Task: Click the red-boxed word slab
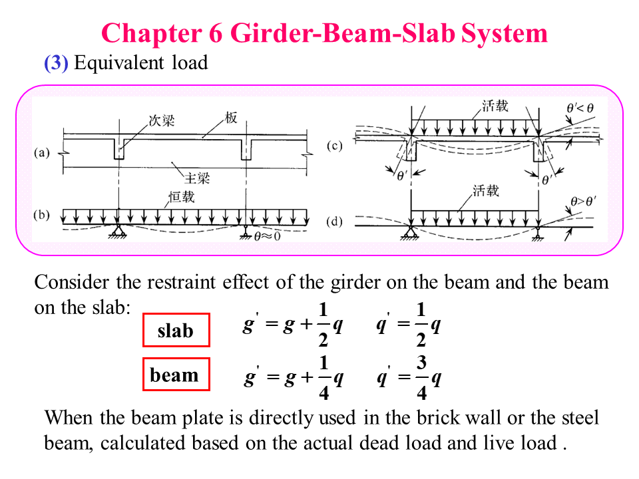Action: tap(176, 331)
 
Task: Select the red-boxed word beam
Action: tap(174, 375)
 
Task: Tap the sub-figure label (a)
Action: tap(42, 153)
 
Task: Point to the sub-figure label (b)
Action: tap(42, 216)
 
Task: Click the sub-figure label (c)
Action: tap(335, 146)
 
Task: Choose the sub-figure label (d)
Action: tap(335, 222)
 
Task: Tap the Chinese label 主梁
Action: tap(197, 178)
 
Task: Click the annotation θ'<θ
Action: tap(581, 108)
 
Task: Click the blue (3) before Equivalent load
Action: tap(56, 63)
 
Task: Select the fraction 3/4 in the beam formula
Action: tap(421, 378)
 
